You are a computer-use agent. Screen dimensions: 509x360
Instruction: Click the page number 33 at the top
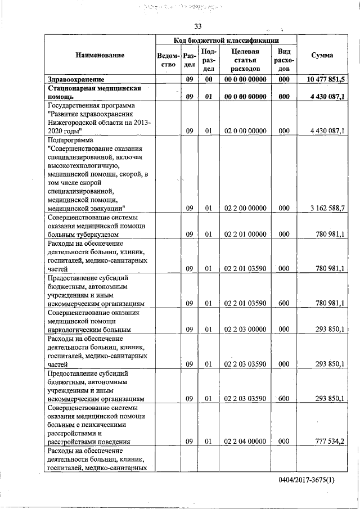point(197,26)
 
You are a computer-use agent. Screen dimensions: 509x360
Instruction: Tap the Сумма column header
point(322,55)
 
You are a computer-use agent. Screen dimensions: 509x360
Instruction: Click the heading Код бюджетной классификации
point(227,40)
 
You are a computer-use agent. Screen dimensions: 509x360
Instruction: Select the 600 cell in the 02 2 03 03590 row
point(283,398)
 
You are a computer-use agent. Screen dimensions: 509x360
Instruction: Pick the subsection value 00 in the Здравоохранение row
point(208,79)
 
